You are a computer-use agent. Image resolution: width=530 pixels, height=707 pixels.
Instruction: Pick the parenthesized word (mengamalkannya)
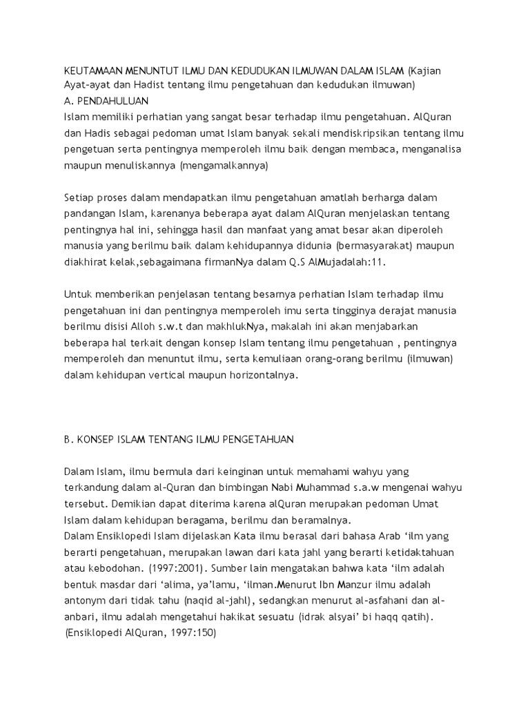point(223,166)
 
